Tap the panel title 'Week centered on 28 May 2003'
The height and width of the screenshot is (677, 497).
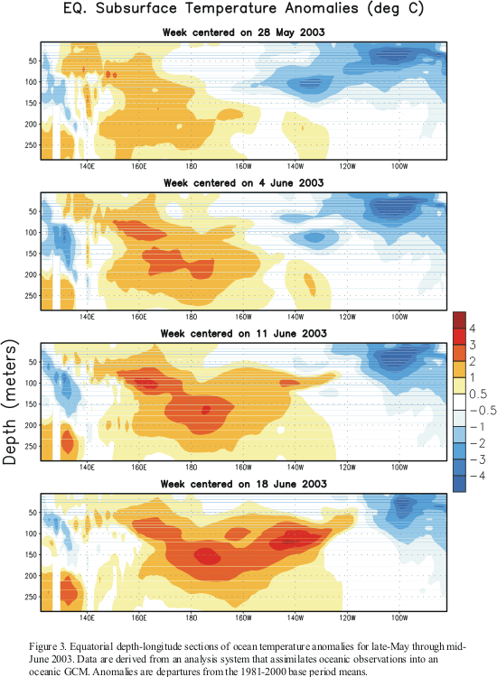pyautogui.click(x=244, y=32)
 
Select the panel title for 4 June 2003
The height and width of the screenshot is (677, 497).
pyautogui.click(x=244, y=183)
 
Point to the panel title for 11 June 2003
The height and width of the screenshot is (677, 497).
pyautogui.click(x=244, y=334)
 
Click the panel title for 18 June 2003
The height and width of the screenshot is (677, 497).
pyautogui.click(x=244, y=484)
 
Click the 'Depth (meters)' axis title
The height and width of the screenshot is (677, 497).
pyautogui.click(x=10, y=402)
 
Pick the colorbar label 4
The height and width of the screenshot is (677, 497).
pyautogui.click(x=473, y=329)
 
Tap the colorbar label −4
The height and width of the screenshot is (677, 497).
pyautogui.click(x=477, y=476)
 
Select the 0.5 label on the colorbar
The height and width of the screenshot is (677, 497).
pyautogui.click(x=478, y=394)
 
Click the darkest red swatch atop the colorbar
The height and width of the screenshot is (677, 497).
pyautogui.click(x=459, y=320)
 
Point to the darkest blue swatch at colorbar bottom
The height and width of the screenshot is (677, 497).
pyautogui.click(x=459, y=484)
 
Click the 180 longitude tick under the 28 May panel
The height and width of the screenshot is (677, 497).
pyautogui.click(x=191, y=166)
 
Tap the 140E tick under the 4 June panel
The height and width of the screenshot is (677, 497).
pyautogui.click(x=87, y=317)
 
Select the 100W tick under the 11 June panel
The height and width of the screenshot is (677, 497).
pyautogui.click(x=399, y=468)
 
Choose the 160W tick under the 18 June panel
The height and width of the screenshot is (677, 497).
pyautogui.click(x=243, y=617)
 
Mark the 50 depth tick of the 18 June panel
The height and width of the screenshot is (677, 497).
pyautogui.click(x=33, y=513)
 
